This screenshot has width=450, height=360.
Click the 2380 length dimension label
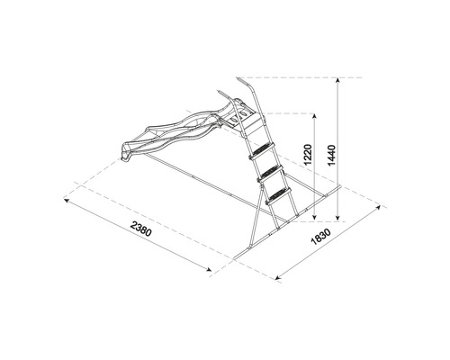point(141,237)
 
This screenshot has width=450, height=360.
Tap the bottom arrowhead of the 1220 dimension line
point(311,217)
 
